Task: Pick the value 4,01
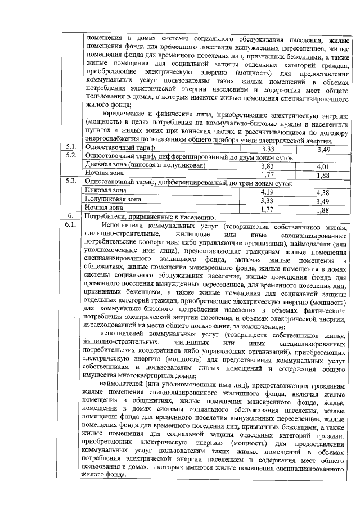click(323, 166)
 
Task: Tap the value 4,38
click(323, 192)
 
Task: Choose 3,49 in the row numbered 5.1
click(323, 149)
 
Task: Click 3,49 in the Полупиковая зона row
click(323, 201)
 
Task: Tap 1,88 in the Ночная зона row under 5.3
click(323, 210)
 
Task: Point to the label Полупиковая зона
click(112, 200)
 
